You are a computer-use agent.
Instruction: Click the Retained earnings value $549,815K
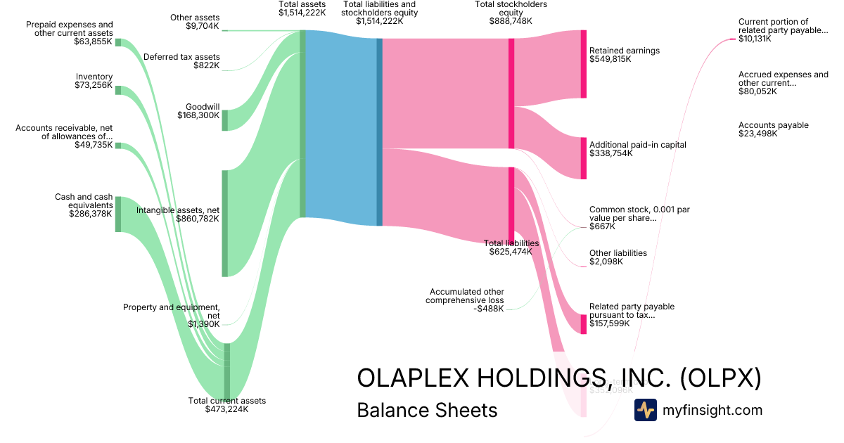[x=610, y=60]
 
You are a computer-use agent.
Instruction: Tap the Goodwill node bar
[x=225, y=120]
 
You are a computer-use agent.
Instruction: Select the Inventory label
[x=94, y=77]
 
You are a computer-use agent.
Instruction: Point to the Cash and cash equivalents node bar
[x=118, y=214]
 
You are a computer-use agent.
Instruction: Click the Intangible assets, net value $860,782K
[x=198, y=219]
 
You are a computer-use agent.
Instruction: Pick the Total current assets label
[x=227, y=401]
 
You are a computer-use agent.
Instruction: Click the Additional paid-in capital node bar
[x=583, y=158]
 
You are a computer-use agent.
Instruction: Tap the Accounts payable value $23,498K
[x=758, y=134]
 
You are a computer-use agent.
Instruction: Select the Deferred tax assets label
[x=181, y=57]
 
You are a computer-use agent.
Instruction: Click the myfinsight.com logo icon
[x=646, y=410]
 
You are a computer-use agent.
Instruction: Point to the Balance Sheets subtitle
[x=427, y=410]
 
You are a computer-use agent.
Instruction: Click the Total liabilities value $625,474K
[x=511, y=252]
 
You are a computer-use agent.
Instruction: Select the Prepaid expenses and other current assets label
[x=70, y=28]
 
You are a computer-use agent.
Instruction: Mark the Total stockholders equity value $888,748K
[x=511, y=21]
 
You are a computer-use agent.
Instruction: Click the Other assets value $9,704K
[x=203, y=26]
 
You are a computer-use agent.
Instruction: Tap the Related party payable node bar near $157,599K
[x=583, y=324]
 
